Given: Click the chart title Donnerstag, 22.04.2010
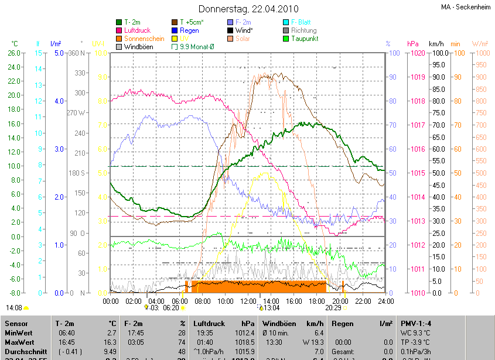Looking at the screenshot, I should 248,9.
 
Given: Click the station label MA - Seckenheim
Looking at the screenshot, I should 466,7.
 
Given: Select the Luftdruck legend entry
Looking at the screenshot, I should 137,30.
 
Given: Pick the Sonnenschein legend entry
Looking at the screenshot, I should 144,38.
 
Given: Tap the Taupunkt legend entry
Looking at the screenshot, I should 304,38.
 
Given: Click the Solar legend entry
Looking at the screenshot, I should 243,38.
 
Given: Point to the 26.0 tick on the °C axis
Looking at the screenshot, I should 13,53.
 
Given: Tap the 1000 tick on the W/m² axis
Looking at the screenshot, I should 480,53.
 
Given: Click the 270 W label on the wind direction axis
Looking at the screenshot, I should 76,113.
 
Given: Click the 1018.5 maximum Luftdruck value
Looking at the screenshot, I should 245,341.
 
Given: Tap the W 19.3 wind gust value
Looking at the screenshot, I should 313,341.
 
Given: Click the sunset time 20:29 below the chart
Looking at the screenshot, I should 333,307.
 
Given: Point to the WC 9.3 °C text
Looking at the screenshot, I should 417,332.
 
